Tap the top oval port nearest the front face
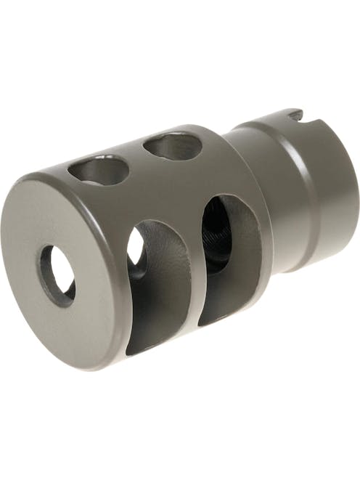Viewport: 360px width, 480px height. pyautogui.click(x=99, y=170)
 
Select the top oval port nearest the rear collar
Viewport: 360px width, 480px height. pyautogui.click(x=173, y=145)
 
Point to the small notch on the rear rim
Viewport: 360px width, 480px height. pyautogui.click(x=294, y=114)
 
